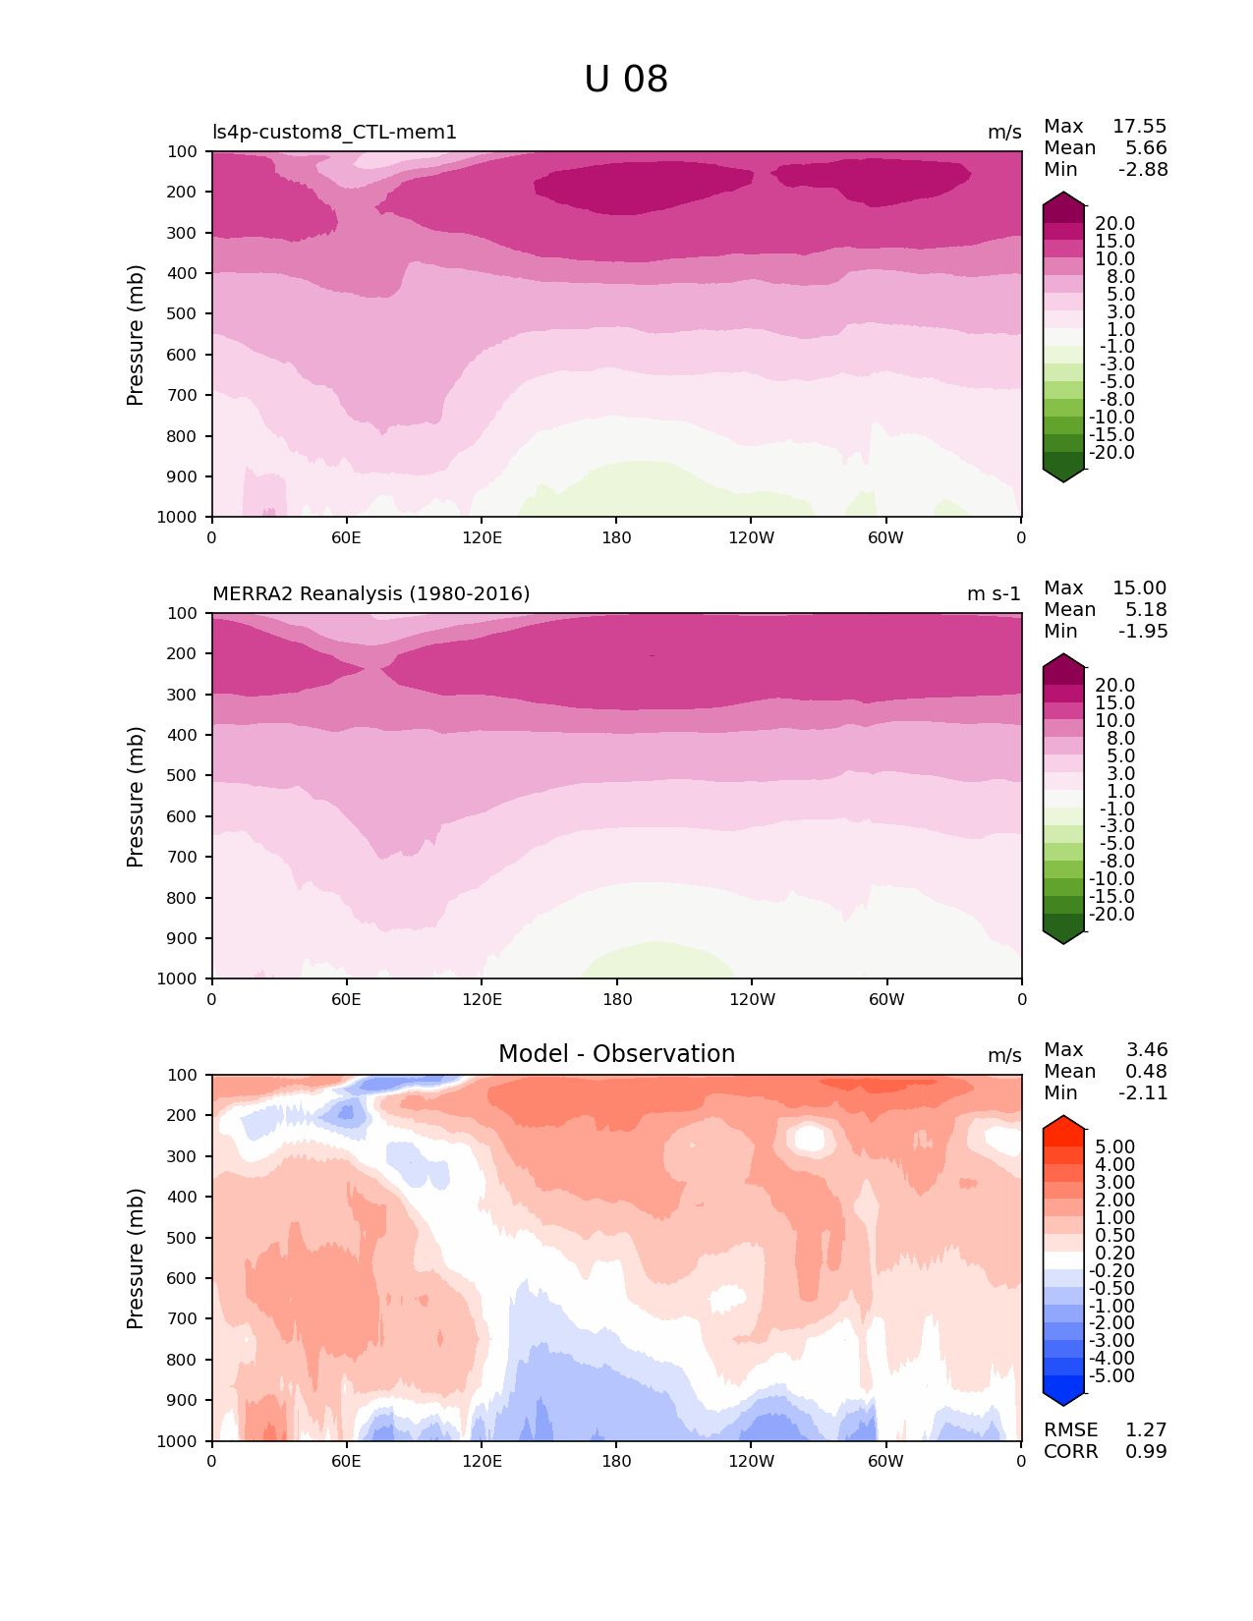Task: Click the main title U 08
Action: [626, 80]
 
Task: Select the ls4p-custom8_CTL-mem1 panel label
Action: [334, 133]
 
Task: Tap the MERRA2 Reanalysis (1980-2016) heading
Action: [370, 594]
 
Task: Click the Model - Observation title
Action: [616, 1054]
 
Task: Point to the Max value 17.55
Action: [1139, 127]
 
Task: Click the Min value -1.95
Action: [1143, 632]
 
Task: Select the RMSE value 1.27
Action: [1146, 1430]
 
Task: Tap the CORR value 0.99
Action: [1146, 1452]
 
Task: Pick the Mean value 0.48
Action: [1146, 1072]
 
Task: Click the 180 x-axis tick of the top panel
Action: [616, 538]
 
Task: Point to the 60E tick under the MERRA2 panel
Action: [346, 1000]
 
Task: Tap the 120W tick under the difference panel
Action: [751, 1462]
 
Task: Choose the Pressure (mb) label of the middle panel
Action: [136, 797]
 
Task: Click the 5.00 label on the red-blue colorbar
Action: [1114, 1147]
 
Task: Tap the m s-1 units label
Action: [994, 594]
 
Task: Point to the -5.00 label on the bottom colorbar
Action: [1112, 1376]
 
